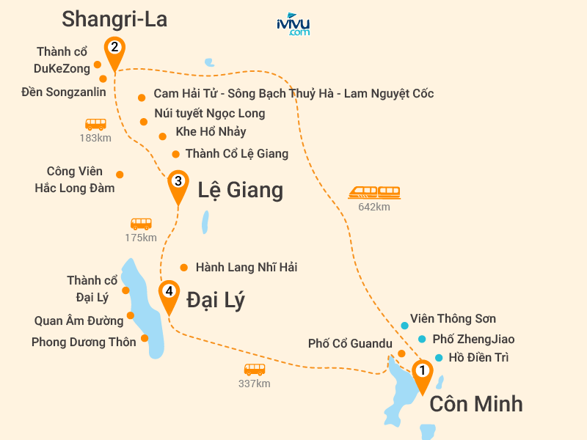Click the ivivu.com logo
293,24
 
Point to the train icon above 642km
374,192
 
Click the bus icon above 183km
95,125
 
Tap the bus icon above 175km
141,224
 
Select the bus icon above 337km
255,370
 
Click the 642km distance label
374,208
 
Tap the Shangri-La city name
114,19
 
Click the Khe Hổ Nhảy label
211,132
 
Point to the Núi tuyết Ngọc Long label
210,113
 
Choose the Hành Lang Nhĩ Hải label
247,268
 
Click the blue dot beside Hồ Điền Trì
439,358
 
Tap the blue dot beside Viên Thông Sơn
404,325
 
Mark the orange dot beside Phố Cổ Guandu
401,353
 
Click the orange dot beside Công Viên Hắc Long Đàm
120,175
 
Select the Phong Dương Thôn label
84,342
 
